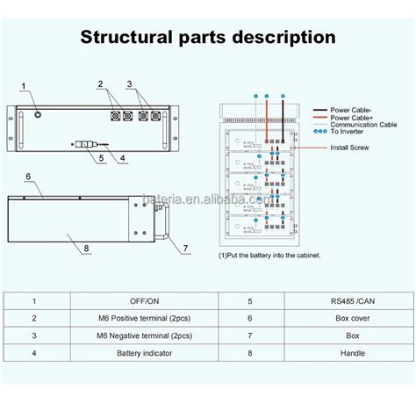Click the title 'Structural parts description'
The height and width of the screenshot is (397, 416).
tap(207, 37)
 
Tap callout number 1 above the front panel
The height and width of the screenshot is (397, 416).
tap(25, 84)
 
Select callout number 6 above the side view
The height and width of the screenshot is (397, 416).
tap(28, 177)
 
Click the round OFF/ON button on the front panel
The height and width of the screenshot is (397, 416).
tap(38, 114)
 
